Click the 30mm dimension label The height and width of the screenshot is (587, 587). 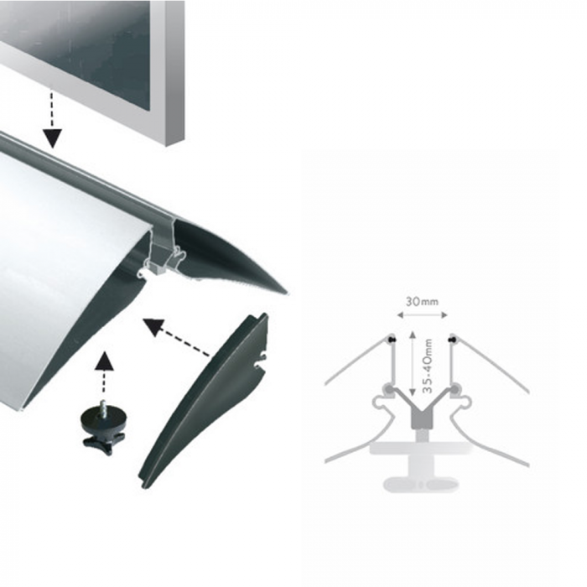pos(422,301)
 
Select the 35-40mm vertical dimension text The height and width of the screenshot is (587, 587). pos(428,366)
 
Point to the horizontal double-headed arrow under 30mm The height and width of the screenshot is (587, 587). pos(423,315)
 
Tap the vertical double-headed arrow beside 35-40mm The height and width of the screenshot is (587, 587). pos(413,363)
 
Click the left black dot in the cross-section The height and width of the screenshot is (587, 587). pos(392,340)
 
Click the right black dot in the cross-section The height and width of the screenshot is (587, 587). pos(453,340)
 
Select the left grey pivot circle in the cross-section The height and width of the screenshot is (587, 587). pos(389,389)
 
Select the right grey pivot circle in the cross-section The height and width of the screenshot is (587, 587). pos(455,389)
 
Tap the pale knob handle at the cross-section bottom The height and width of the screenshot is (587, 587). pos(421,484)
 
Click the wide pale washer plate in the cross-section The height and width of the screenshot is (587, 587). pos(421,448)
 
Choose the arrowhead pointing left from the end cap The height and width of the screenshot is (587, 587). pos(154,325)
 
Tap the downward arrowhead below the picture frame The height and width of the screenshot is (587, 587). pos(52,138)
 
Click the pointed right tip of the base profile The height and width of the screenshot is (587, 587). pos(287,293)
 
